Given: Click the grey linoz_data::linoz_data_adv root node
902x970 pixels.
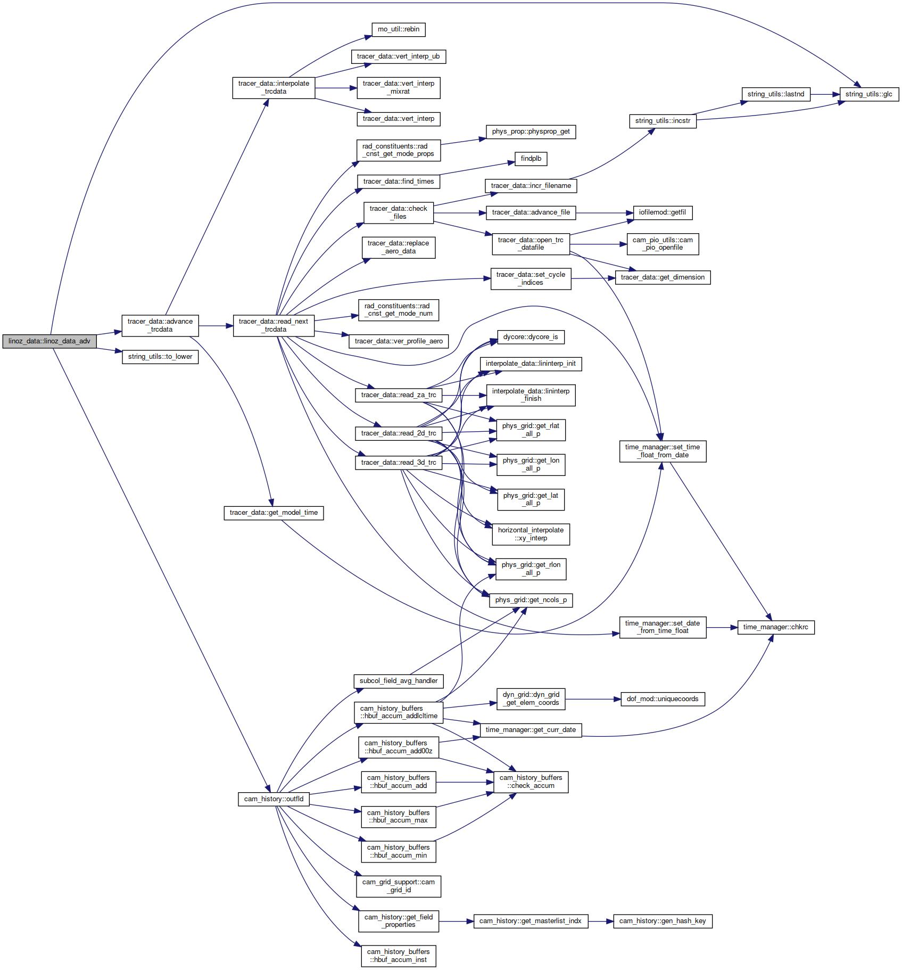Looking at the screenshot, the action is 49,341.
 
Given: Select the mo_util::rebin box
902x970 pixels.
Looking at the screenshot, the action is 399,30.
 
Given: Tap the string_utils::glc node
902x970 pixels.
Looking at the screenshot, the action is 869,94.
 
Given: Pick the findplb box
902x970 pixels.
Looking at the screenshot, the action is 531,159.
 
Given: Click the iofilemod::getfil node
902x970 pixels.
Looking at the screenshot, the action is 663,212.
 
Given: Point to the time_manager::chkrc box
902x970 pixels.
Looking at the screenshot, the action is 776,627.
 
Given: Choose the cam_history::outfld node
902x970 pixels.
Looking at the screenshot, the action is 274,799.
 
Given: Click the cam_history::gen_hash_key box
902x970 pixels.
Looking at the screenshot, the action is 663,921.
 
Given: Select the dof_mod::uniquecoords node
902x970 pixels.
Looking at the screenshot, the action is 663,699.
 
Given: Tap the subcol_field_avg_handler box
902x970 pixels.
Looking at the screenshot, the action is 399,681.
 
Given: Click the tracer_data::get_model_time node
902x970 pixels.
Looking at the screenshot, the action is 274,513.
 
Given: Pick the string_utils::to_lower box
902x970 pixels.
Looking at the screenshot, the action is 160,357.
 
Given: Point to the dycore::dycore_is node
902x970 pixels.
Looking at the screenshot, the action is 531,337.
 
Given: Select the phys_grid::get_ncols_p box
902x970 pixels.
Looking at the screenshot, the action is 531,600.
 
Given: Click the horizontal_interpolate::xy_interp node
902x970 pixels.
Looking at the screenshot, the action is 531,534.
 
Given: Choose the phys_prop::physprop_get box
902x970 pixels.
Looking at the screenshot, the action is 531,131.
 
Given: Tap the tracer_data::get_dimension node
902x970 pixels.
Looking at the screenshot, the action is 663,277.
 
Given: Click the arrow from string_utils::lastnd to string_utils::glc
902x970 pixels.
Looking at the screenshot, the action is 825,94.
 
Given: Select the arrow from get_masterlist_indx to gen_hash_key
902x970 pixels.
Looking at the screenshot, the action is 601,921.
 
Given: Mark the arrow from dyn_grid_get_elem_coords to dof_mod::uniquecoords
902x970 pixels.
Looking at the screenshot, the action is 593,699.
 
